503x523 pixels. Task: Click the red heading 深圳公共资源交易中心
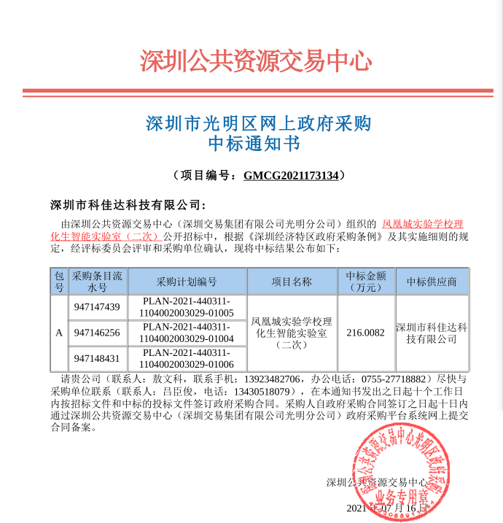click(256, 61)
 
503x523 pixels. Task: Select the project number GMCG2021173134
click(291, 176)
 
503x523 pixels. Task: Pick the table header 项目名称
click(292, 282)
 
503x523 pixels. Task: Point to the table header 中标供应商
click(432, 282)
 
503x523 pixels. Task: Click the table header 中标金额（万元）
click(365, 282)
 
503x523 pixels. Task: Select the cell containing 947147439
click(97, 307)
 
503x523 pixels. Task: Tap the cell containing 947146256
click(97, 333)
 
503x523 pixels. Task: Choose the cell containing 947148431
click(97, 359)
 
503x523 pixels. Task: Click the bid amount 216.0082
click(365, 333)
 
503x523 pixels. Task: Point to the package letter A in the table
click(59, 333)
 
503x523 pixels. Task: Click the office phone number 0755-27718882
click(393, 380)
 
